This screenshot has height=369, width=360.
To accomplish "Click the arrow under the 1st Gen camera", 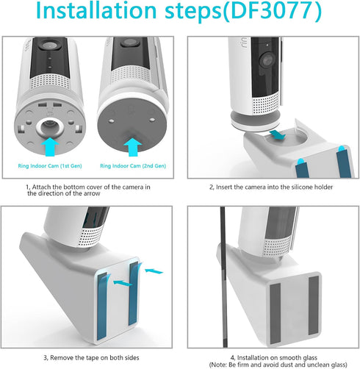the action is pos(50,146).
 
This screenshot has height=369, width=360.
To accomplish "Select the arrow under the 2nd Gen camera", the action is pos(133,147).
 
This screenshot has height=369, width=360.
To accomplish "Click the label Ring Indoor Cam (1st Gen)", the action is pos(50,166).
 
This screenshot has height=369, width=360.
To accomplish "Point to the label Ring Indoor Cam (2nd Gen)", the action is pos(133,166).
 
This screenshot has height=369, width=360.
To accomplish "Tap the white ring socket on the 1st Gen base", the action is pos(50,126).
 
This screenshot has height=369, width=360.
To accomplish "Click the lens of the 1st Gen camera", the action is pos(50,45).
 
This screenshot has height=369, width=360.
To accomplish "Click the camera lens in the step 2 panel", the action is pos(267,60).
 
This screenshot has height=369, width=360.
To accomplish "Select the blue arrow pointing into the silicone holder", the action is pos(278,135).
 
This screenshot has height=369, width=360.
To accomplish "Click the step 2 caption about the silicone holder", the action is pos(271,187).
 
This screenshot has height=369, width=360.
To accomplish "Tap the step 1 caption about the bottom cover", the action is pos(88,190).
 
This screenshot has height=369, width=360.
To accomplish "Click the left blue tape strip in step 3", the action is pos(102,307).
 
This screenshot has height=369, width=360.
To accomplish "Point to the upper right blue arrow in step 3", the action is pos(154,271).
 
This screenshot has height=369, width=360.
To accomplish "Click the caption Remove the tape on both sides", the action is pos(91,358).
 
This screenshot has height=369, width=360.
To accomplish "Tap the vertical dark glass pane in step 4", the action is pos(223,277).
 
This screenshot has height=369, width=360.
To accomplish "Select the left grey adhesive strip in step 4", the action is pos(275,314).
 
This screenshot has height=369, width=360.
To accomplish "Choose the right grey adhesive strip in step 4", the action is pos(314,305).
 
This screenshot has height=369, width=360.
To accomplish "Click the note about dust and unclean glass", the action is pos(278,365).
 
